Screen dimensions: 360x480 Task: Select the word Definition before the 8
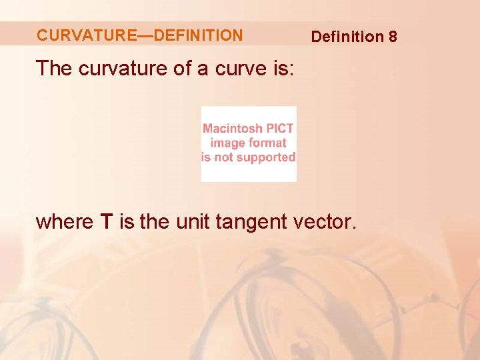(347, 37)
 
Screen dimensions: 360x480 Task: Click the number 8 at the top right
(393, 37)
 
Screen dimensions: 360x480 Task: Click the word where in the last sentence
(64, 221)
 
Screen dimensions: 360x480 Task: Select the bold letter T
(107, 221)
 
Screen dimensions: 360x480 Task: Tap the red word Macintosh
(233, 129)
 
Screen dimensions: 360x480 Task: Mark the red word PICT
(280, 129)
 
